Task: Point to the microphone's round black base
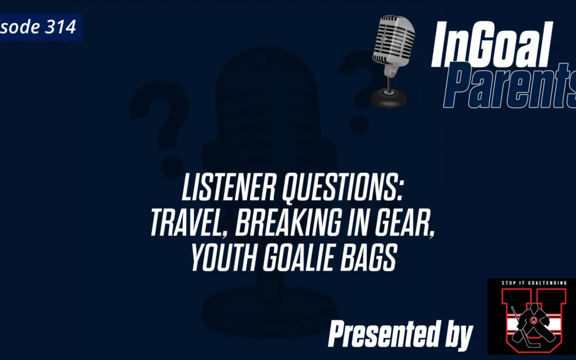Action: (389, 99)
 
